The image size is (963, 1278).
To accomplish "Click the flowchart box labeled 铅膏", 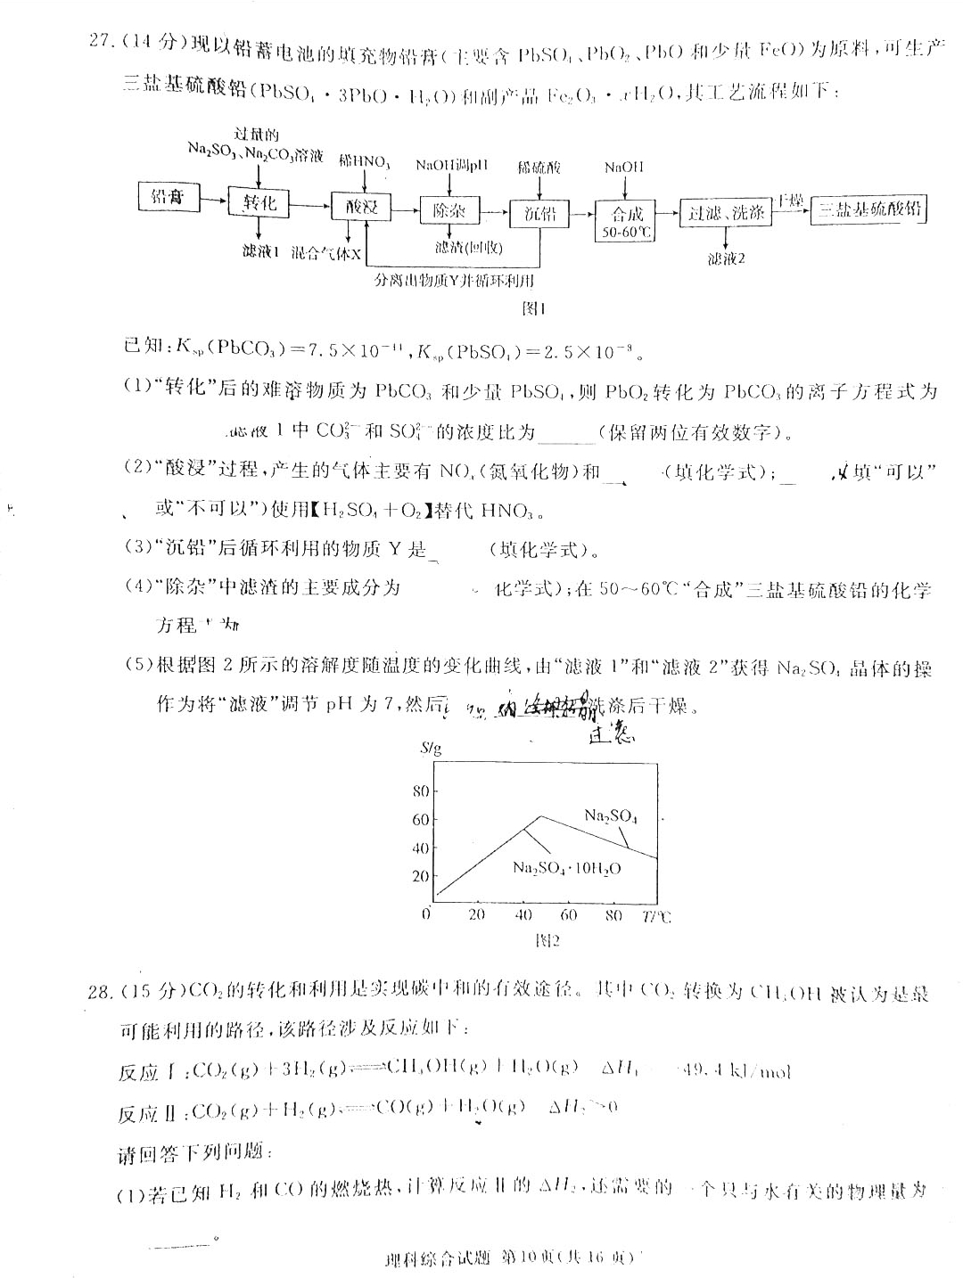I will click(169, 197).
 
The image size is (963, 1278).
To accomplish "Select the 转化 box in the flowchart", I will click(259, 202).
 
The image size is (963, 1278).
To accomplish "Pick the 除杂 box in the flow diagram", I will click(450, 211).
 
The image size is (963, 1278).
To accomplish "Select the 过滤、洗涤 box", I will click(725, 213).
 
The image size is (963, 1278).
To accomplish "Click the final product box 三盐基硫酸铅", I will click(869, 209).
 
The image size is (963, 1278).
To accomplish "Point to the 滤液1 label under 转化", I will click(260, 252).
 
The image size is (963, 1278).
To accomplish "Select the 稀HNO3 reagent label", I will click(364, 162).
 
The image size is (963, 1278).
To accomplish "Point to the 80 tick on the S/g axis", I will click(420, 791).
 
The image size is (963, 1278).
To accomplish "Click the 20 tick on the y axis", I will click(420, 876).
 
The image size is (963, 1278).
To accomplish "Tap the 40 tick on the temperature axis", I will click(523, 914).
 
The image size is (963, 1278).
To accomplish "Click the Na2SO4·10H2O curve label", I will click(567, 867).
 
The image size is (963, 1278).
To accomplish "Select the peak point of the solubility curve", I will click(540, 815).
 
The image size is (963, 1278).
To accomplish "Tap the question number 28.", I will click(100, 992).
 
